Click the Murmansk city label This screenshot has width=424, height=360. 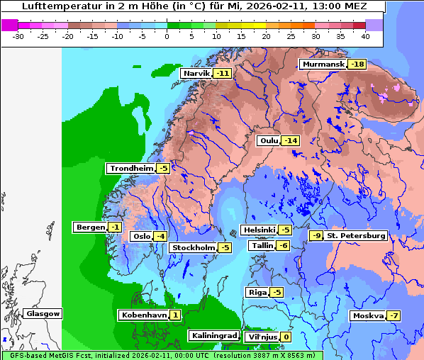(323, 64)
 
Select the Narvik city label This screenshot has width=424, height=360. (197, 74)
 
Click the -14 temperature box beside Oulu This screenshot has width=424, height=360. (290, 140)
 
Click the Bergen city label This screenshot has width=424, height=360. (89, 227)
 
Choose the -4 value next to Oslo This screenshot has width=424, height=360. (160, 237)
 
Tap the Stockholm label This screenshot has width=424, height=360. (192, 247)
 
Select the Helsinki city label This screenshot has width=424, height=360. (258, 230)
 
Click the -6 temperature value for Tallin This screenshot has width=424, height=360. (283, 245)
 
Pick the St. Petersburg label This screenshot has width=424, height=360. (356, 235)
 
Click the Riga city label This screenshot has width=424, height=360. (257, 292)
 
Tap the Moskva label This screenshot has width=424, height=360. (367, 315)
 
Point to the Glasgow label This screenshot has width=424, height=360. (43, 313)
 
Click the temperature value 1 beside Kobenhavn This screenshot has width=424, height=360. (174, 315)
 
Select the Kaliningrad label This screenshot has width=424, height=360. (213, 335)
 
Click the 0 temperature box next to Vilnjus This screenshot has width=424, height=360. (286, 337)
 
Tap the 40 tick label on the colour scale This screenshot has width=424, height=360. (365, 35)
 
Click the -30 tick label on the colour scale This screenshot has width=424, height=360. (18, 35)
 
